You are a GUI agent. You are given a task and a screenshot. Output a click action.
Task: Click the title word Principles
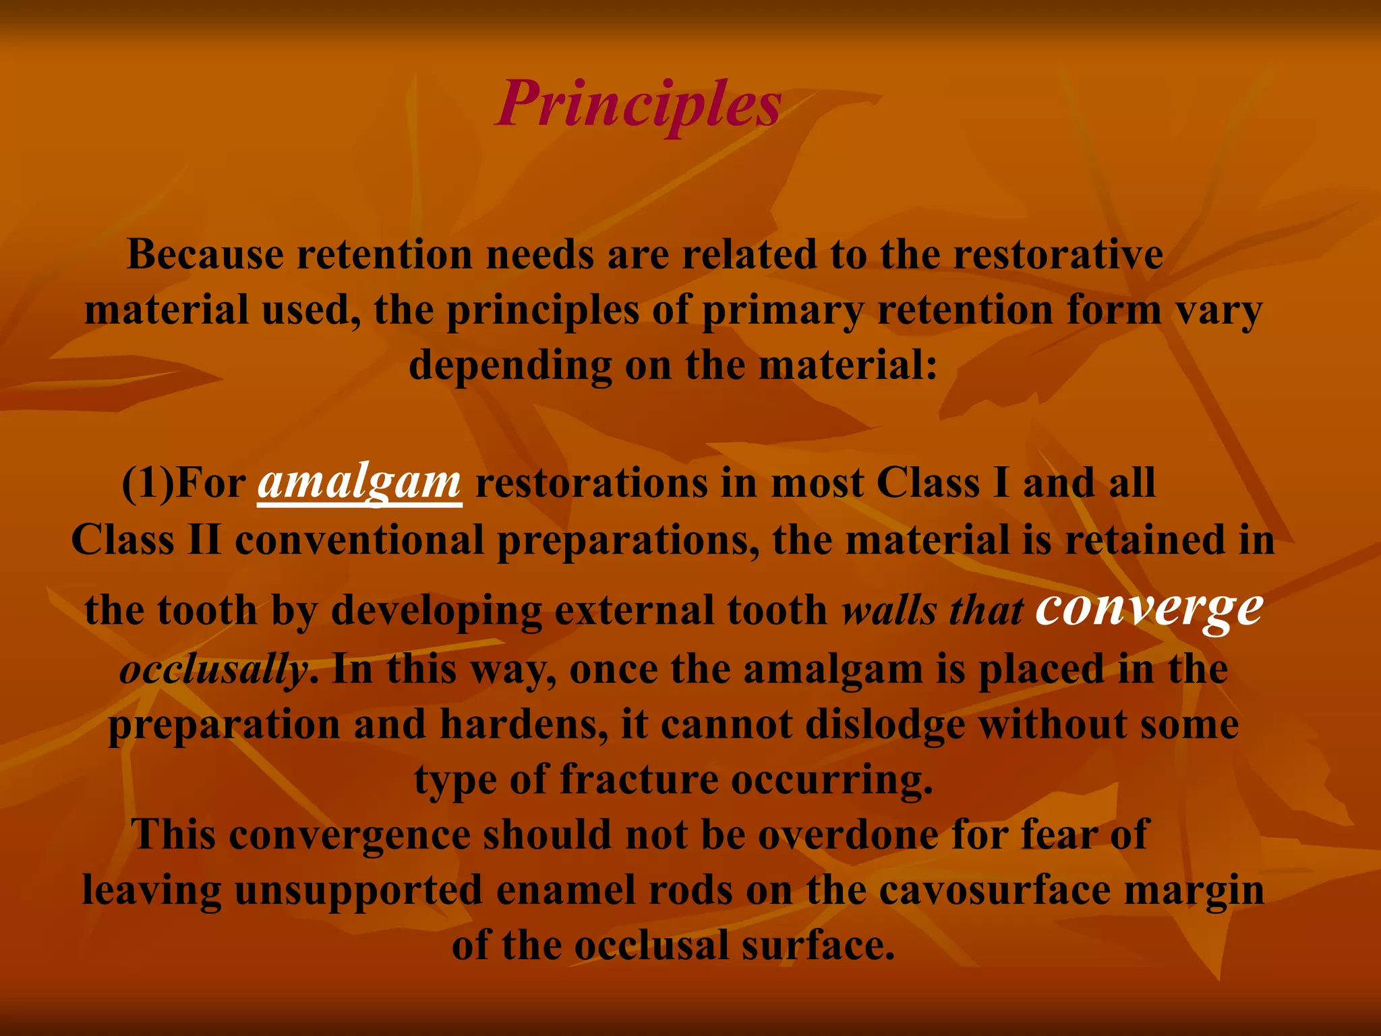click(x=639, y=105)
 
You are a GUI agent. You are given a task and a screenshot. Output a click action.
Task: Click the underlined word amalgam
click(x=359, y=483)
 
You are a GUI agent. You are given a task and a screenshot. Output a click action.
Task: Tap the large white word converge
click(x=1148, y=607)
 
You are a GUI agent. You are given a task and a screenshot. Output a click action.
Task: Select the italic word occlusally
click(x=214, y=670)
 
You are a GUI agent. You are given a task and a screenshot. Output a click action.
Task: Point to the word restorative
click(x=1058, y=255)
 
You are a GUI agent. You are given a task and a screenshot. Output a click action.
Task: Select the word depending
click(x=510, y=366)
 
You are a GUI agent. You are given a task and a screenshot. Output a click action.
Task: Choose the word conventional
click(x=359, y=540)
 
